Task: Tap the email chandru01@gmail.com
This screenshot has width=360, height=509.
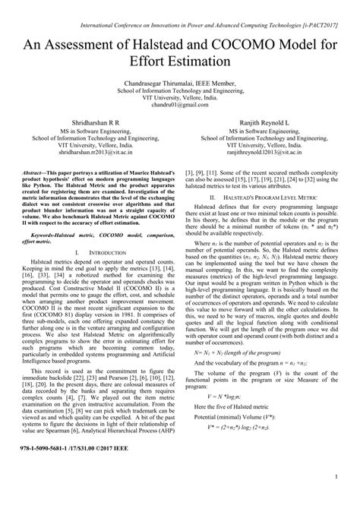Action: click(179, 109)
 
